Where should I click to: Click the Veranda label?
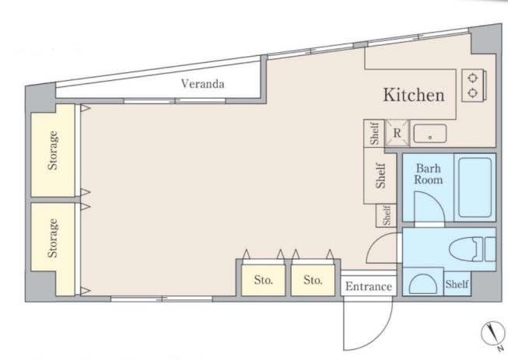coord(202,84)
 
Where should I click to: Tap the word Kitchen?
coord(414,95)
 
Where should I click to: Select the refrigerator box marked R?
coord(398,133)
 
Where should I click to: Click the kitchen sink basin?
coord(430,134)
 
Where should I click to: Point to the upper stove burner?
coord(473,78)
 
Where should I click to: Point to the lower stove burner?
coord(473,93)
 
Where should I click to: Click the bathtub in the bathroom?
coord(475,187)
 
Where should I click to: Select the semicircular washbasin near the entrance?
coord(422,284)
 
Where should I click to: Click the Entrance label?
coord(369,286)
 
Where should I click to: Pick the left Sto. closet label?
coord(263,280)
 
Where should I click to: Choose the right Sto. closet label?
coord(313,280)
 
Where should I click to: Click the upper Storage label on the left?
coord(53,150)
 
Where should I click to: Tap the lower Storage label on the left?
coord(53,238)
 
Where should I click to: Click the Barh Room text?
coord(429,174)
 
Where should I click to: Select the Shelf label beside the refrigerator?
coord(374,134)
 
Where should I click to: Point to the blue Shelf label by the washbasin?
coord(457,285)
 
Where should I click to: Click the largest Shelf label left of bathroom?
coord(380,176)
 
